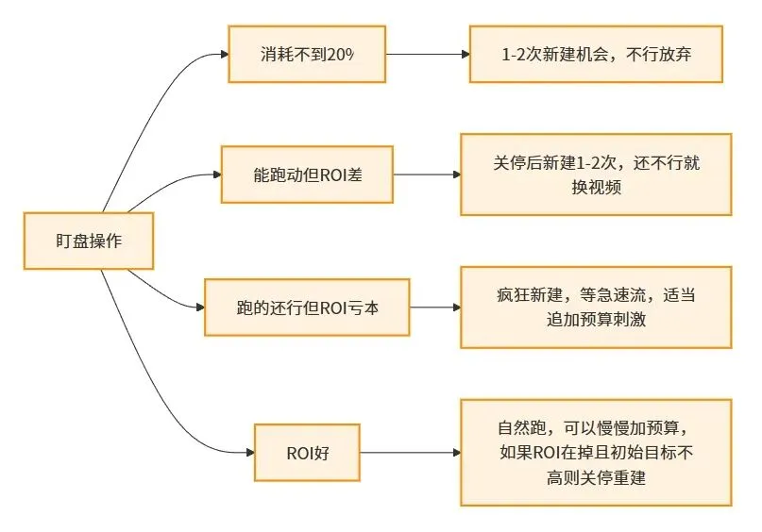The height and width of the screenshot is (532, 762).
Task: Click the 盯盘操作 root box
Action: pos(88,241)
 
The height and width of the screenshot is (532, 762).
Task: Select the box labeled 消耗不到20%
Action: pos(308,54)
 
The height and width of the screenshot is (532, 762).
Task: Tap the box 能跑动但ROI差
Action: pos(307,175)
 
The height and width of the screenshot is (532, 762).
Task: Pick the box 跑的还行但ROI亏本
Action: pos(308,308)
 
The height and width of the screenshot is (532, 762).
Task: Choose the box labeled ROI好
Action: pos(308,452)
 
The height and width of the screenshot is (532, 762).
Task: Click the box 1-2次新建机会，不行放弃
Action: pos(597,54)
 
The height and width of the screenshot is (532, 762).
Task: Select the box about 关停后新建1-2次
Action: pos(596,175)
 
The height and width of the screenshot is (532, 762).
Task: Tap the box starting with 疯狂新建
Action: pos(596,308)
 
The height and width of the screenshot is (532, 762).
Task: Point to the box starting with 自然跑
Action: pos(596,452)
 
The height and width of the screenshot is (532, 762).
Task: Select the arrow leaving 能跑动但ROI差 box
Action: pos(426,175)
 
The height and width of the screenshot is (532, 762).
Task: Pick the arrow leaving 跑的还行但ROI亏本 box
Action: pos(434,308)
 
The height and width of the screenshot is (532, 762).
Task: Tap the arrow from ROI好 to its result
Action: pos(411,452)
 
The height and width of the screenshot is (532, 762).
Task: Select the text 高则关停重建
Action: pos(596,477)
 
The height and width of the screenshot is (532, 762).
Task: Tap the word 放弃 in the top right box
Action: pos(673,54)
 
